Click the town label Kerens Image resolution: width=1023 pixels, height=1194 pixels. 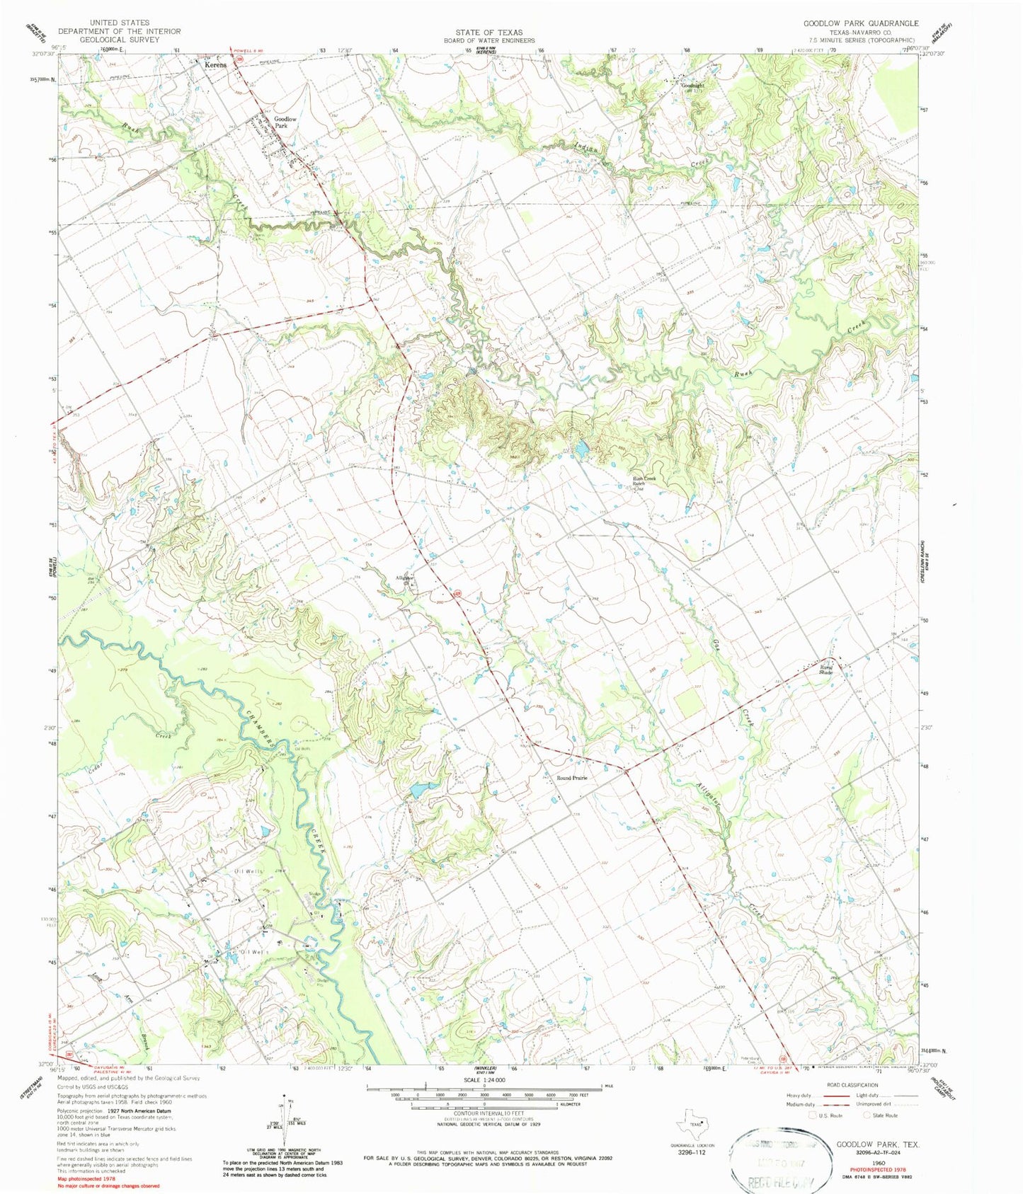click(x=216, y=64)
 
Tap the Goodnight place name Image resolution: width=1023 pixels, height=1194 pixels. click(x=692, y=86)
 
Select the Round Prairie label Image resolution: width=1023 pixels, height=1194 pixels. click(x=572, y=778)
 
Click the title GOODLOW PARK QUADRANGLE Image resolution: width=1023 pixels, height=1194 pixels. click(x=860, y=23)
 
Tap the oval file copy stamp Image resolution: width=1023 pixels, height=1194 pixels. click(x=777, y=1161)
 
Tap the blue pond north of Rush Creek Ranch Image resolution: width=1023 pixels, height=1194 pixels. click(x=581, y=449)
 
